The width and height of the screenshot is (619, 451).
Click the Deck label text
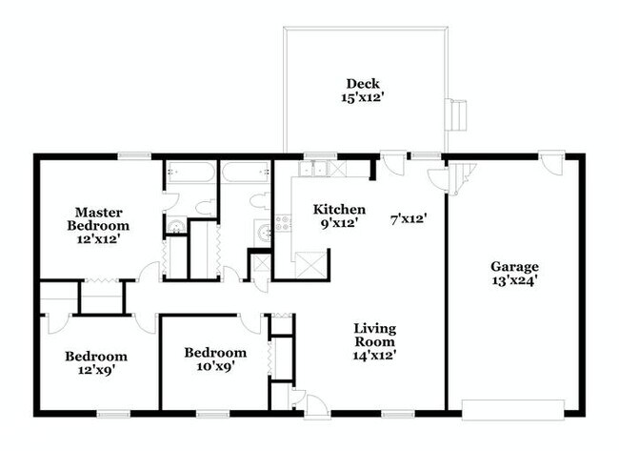pos(364,83)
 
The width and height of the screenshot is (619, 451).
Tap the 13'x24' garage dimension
pos(514,282)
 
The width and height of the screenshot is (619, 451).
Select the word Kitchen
pos(340,210)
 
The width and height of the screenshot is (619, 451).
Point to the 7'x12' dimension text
pos(408,218)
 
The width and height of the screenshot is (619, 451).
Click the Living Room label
pos(375,335)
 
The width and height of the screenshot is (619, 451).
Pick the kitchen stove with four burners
pos(283,226)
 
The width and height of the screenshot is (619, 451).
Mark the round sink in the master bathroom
pos(175,227)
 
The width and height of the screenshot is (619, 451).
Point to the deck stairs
pos(460,114)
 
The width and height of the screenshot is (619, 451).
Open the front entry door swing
pos(299,400)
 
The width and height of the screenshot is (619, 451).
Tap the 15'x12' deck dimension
pos(364,97)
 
